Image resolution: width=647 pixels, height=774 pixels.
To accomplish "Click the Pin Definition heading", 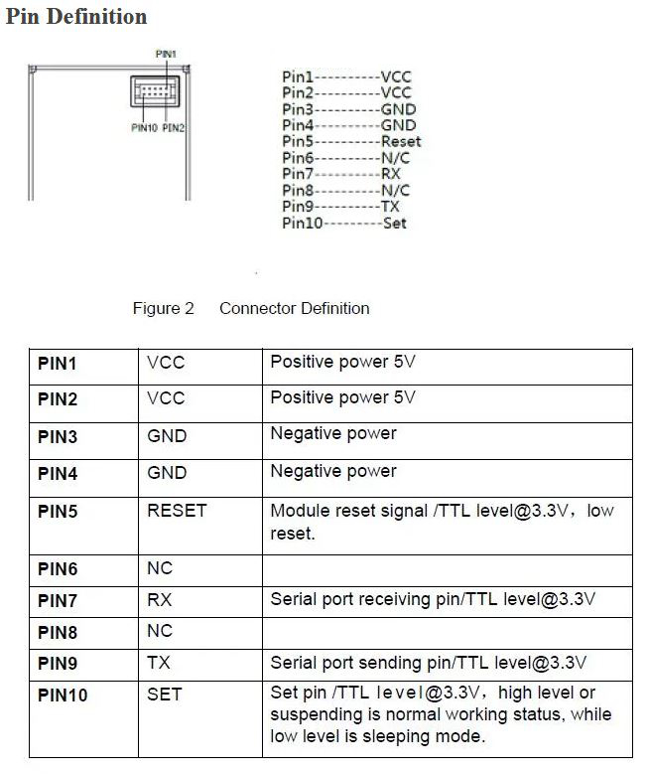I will pos(76,17).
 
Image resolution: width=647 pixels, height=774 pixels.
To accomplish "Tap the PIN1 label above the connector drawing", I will pos(167,53).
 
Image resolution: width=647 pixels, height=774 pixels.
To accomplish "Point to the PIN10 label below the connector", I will pos(144,127).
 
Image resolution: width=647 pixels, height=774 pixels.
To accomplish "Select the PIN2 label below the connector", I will pos(174,127).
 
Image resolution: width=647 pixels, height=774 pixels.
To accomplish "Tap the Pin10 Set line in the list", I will pos(344,223).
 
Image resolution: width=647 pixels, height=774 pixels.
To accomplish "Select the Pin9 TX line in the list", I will pos(340,207).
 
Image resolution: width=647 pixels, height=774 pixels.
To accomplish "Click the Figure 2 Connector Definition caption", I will pos(250,308).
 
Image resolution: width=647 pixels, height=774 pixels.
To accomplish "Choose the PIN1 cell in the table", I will pos(58,364).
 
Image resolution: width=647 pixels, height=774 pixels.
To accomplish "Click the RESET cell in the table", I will pos(177,511).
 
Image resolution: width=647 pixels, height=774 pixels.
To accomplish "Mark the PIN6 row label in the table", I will pos(58,569).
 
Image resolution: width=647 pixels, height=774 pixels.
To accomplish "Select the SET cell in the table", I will pos(164,694).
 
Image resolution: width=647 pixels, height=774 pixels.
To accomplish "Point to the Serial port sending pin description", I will pos(428,662).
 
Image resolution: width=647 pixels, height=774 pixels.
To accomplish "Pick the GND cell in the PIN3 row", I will pos(167,436).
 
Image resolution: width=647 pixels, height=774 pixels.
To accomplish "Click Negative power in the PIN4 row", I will pos(333,471).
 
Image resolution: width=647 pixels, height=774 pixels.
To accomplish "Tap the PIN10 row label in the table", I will pos(63,696).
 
